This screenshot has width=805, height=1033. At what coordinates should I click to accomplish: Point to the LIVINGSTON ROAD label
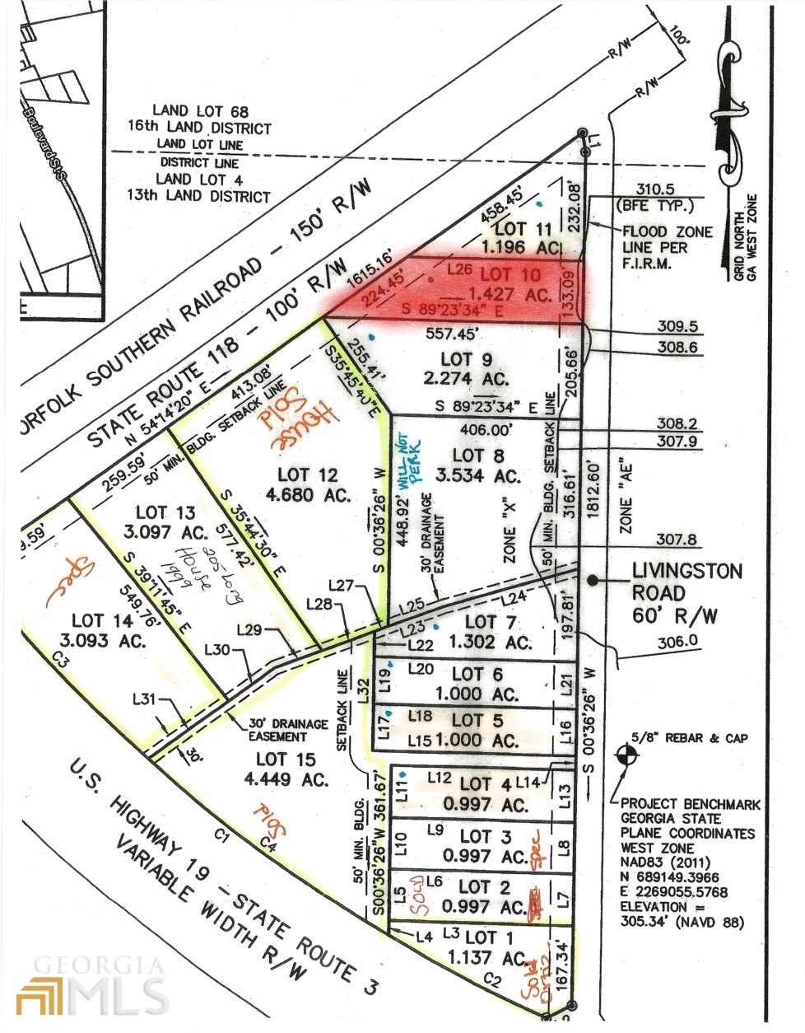pos(686,571)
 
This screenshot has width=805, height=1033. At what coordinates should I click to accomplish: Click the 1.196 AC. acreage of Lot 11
pos(522,246)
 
